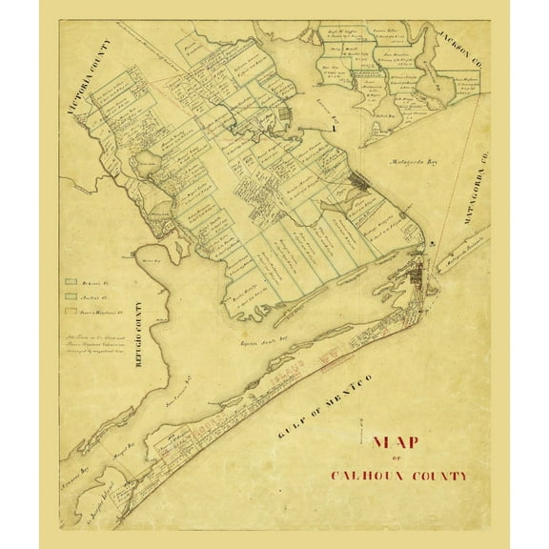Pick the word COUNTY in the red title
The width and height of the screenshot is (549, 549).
click(437, 474)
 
